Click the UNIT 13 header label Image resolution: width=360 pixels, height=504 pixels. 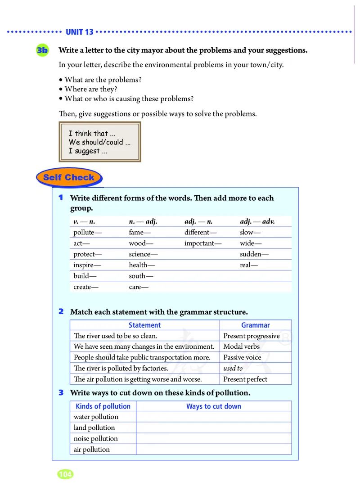click(x=79, y=32)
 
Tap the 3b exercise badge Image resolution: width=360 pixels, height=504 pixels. click(x=42, y=50)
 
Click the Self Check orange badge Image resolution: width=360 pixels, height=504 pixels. click(x=68, y=177)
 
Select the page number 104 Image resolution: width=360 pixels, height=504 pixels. click(x=65, y=474)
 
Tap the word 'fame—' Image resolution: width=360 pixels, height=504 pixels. click(x=139, y=233)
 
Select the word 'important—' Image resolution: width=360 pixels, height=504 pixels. click(x=203, y=243)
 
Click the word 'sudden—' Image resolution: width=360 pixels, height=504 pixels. click(x=254, y=254)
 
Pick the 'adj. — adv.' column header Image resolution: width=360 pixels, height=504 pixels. click(x=257, y=221)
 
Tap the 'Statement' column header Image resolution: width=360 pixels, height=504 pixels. click(x=144, y=325)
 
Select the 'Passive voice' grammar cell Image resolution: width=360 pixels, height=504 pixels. click(x=242, y=358)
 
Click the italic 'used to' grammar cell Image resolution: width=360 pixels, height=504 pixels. click(x=233, y=369)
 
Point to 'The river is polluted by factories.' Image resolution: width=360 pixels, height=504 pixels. click(x=121, y=369)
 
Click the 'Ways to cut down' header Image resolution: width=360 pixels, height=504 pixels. click(x=214, y=406)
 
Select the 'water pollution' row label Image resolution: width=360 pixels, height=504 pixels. click(x=96, y=417)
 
